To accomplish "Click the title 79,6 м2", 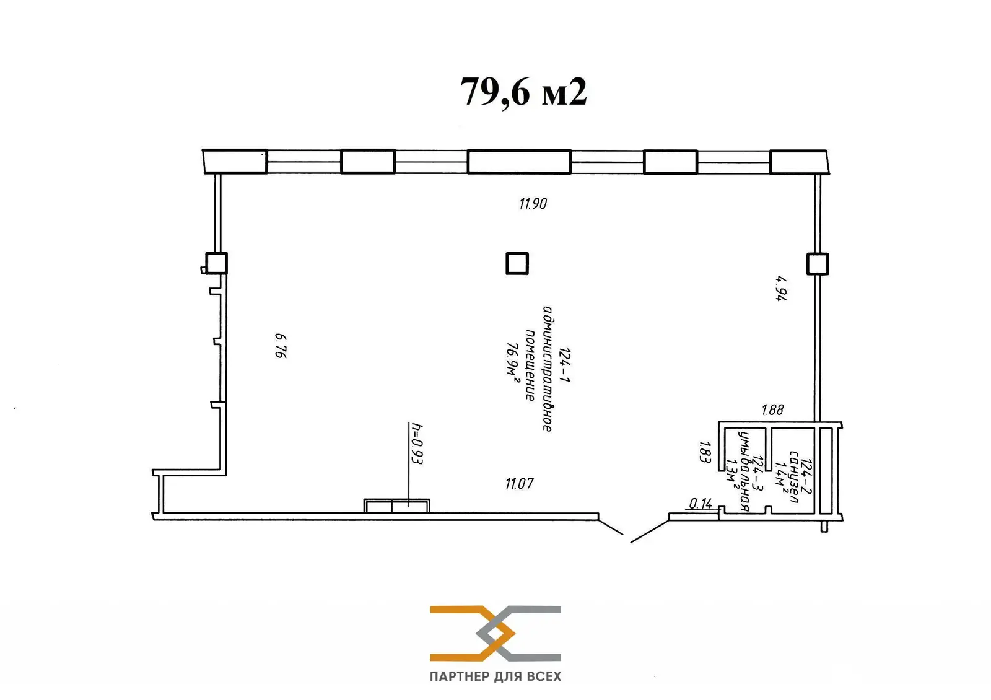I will pos(523,93).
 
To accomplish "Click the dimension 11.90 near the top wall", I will pos(533,203).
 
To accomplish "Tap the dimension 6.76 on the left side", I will pos(281,346).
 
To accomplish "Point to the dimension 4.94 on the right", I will pos(782,288).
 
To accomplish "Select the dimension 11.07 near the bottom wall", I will pos(519,484).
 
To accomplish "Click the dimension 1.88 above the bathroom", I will pos(772,409).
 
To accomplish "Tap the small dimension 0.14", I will pos(700,504).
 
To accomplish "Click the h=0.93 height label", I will pos(416,444).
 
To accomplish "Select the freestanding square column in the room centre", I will pos(517,263).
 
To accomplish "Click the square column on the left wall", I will pos(216,263).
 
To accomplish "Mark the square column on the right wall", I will pos(818,264).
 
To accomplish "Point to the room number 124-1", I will pos(564,365).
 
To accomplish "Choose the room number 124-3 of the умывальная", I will pos(756,475).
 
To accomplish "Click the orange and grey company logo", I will pos(495,633).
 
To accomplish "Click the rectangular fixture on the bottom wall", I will pos(396,506).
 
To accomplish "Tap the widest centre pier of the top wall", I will pos(519,162).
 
